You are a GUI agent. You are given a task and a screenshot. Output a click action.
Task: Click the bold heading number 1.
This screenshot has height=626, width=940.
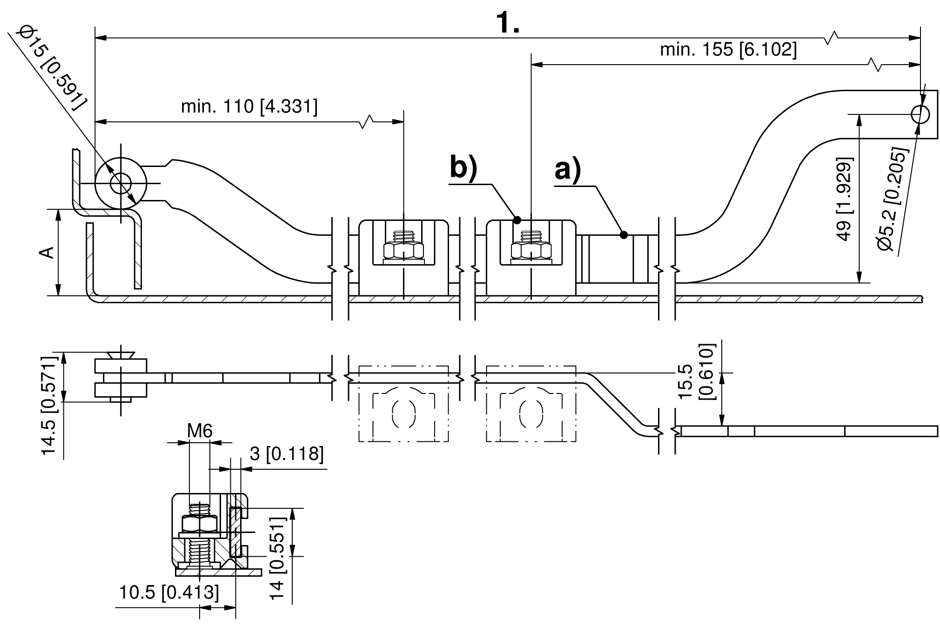508,22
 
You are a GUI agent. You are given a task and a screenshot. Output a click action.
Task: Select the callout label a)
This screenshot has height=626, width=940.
568,170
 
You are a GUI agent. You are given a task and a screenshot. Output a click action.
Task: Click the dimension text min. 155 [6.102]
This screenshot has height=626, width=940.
728,49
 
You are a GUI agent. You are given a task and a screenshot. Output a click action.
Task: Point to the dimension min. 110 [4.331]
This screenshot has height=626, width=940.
249,107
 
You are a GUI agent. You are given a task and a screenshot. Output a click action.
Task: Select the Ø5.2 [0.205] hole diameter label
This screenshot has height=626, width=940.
893,200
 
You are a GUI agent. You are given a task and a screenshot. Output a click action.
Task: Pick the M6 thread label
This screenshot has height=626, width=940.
200,431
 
